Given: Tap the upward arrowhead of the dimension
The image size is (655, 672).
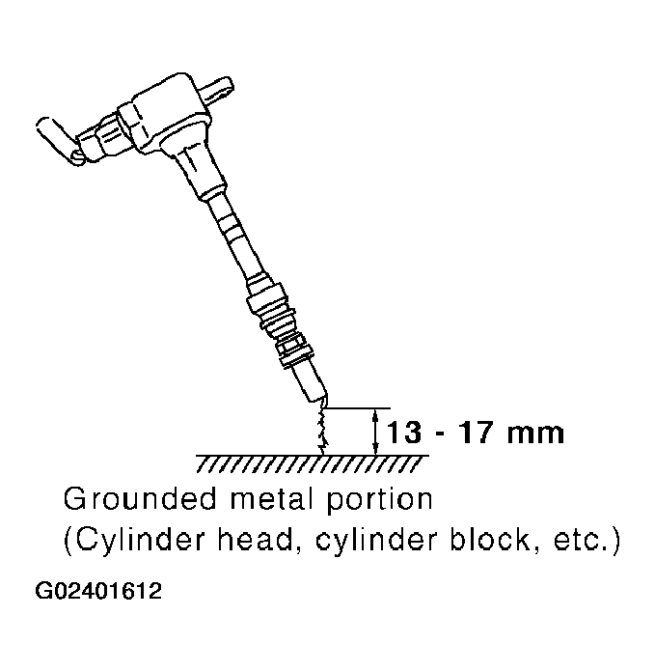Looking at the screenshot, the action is click(x=374, y=414).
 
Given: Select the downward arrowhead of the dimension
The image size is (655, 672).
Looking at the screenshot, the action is click(x=374, y=446).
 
